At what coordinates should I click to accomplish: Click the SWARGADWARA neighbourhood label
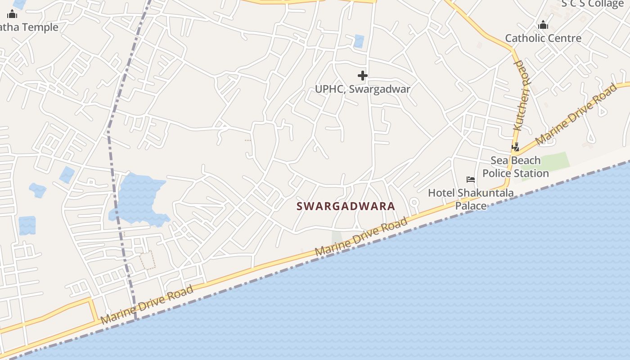point(346,206)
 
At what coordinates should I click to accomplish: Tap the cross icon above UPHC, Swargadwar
point(363,76)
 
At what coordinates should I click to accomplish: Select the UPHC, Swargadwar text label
point(362,89)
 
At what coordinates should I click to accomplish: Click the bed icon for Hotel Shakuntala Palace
point(471,180)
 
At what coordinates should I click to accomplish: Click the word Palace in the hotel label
point(471,206)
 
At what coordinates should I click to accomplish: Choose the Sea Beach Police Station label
point(516,167)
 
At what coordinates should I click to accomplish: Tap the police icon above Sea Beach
point(516,147)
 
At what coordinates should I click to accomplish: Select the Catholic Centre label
point(543,38)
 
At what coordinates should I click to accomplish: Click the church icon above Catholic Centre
point(543,25)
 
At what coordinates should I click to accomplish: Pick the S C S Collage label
point(592,4)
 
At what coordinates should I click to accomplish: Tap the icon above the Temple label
point(12,14)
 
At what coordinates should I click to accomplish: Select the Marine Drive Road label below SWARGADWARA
point(361,237)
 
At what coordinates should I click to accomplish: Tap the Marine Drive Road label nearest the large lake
point(147,305)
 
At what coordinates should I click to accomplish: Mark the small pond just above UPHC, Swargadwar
point(359,41)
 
